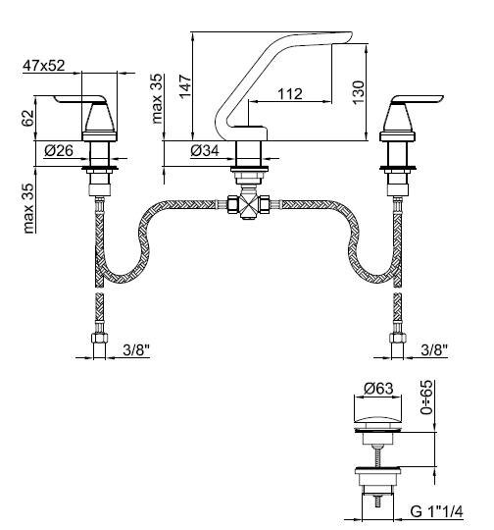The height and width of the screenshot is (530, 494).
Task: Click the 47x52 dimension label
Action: tap(43, 65)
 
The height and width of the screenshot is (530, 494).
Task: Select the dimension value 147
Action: tap(185, 87)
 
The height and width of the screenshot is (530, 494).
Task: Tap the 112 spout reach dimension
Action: tap(290, 93)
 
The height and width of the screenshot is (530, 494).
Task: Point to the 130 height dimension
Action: tap(359, 92)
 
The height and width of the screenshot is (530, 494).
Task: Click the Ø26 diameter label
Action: tap(59, 150)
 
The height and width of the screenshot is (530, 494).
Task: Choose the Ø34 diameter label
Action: tap(205, 150)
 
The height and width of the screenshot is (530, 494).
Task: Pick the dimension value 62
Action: tap(28, 118)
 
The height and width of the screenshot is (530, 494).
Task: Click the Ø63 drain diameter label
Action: tap(379, 389)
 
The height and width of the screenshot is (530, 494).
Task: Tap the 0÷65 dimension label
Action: tap(426, 397)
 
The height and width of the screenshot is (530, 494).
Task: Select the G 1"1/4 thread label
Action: tap(436, 511)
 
